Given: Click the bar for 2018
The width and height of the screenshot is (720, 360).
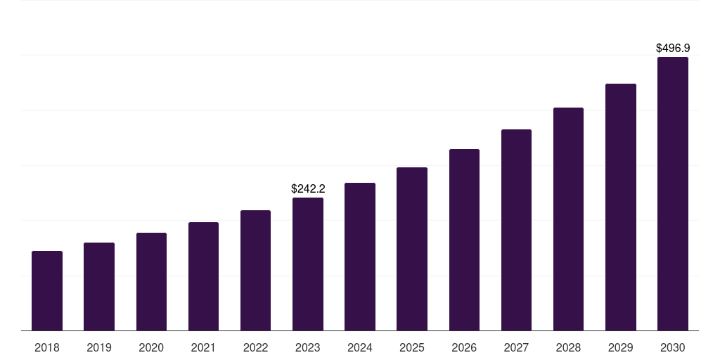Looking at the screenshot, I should coord(47,290).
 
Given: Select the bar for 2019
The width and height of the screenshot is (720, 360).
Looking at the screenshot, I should coord(99,286).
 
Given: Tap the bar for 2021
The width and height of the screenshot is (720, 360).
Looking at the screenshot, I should coord(203,276).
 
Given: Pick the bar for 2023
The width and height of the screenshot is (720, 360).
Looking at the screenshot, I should coord(308,264).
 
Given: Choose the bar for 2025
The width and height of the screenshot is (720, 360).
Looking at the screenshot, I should coord(412,249).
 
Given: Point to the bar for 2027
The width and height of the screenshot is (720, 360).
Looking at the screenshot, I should coord(516,230).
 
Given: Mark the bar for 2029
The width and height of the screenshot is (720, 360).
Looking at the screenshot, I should coord(620,207).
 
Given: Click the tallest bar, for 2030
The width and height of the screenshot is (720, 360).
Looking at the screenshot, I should coord(672,193).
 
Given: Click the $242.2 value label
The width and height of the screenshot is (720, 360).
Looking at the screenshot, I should coord(308,188).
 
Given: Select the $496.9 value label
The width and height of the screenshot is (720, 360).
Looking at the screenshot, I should coord(672,49).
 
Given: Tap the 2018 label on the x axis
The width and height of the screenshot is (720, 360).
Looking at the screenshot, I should coord(47,347).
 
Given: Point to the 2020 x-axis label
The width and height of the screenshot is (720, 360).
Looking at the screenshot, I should coord(151,347).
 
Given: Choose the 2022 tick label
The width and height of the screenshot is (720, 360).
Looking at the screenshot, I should coord(255,347).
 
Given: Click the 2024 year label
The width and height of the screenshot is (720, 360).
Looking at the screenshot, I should coord(360,347).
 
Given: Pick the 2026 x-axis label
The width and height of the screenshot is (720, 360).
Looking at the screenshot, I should coord(464,347).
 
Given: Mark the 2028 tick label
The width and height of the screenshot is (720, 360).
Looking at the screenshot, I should coord(568,347).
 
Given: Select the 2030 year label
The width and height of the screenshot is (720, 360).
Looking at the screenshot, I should coord(672,347).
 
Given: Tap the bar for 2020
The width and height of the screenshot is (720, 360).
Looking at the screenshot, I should coord(151,281).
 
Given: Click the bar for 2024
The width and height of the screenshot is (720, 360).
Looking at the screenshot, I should coord(360,257).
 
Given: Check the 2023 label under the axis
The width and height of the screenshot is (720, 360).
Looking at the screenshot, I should coord(308,347).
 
